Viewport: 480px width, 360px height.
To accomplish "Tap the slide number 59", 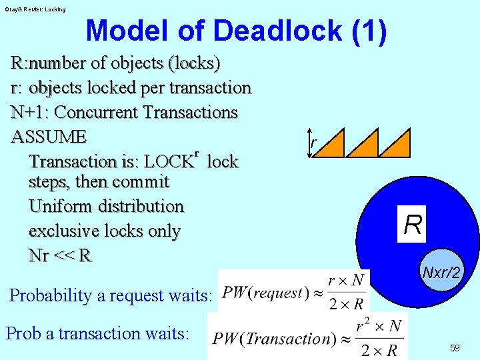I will click(455, 348).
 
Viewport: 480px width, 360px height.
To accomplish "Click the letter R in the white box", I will click(413, 225).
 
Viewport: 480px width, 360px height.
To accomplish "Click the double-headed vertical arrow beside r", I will click(309, 144).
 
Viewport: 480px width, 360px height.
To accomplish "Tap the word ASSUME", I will click(49, 137).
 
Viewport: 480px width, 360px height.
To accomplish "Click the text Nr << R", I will click(60, 255).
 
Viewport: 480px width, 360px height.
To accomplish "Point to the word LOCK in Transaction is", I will click(169, 162).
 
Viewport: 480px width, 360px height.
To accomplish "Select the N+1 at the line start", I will click(25, 112).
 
